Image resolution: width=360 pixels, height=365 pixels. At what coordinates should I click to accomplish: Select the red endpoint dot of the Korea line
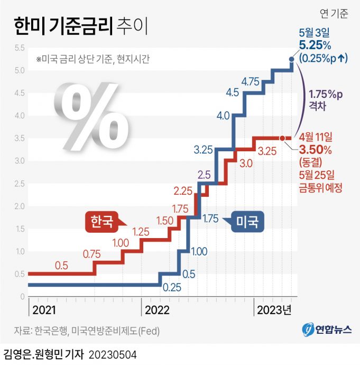(282, 138)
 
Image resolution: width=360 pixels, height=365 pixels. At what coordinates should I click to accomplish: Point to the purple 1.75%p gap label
(326, 94)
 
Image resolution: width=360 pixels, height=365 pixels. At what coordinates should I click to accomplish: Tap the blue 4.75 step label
(250, 81)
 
